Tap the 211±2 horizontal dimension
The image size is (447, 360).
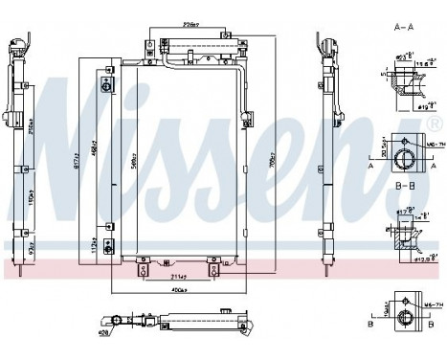pyautogui.click(x=178, y=278)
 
